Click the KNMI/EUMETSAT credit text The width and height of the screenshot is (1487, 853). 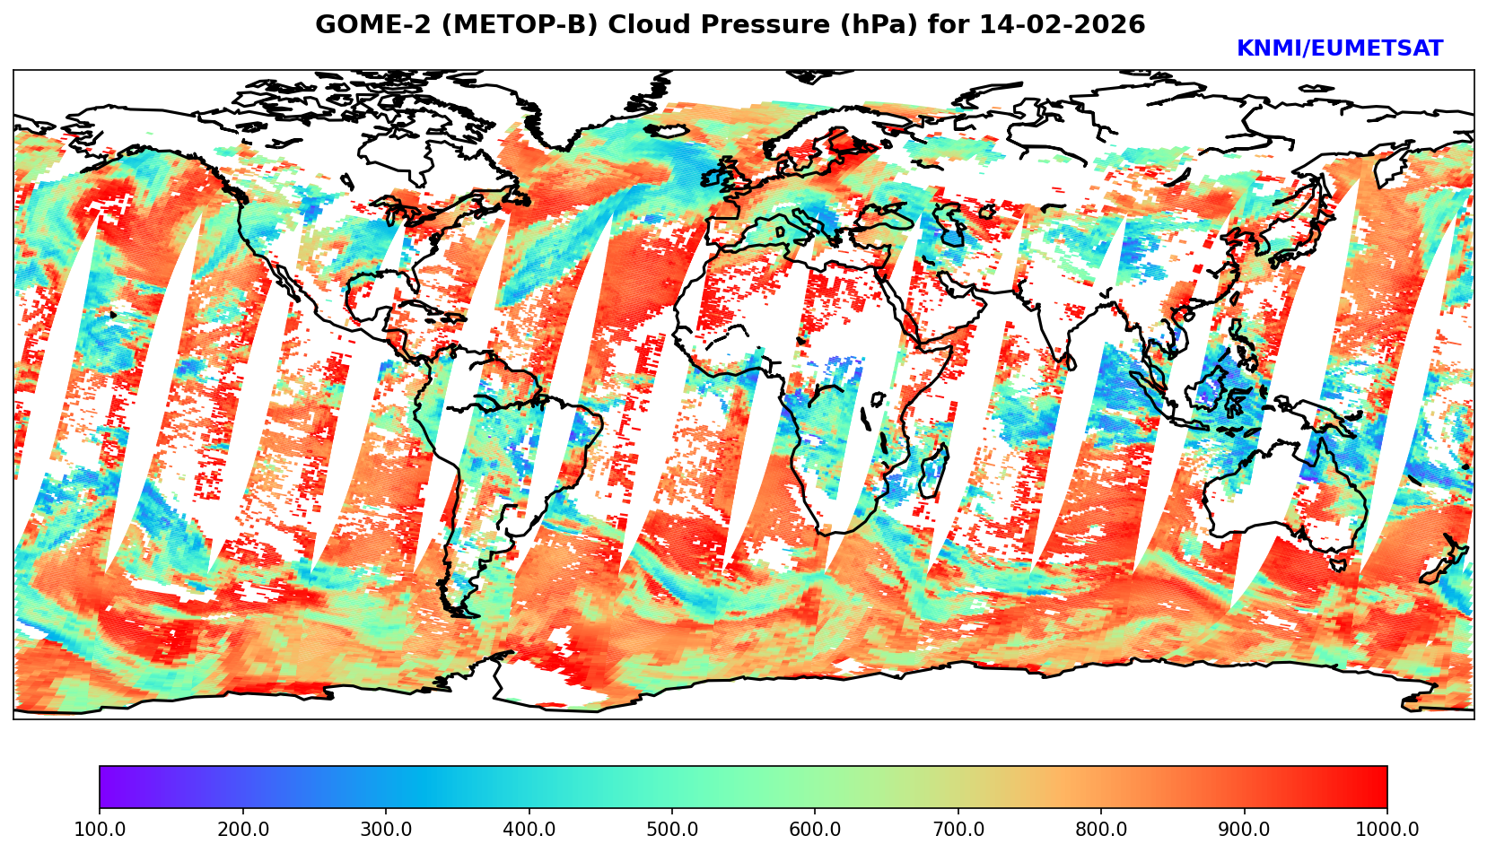[1339, 49]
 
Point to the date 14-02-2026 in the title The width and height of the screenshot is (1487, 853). [1062, 25]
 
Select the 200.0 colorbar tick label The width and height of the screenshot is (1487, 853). [243, 830]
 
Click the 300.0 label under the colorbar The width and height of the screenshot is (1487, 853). [386, 830]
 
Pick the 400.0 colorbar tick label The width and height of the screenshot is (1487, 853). [529, 830]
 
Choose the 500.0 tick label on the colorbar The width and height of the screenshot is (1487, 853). [671, 830]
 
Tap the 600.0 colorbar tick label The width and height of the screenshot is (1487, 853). [815, 830]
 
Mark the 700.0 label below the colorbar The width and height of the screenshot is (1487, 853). [958, 830]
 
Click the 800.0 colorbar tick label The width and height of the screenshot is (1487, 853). [1101, 830]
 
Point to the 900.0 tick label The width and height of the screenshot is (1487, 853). [1244, 830]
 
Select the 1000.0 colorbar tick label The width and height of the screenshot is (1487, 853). [1386, 830]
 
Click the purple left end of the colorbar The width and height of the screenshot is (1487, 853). [106, 787]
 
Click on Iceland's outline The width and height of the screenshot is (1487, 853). [667, 131]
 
